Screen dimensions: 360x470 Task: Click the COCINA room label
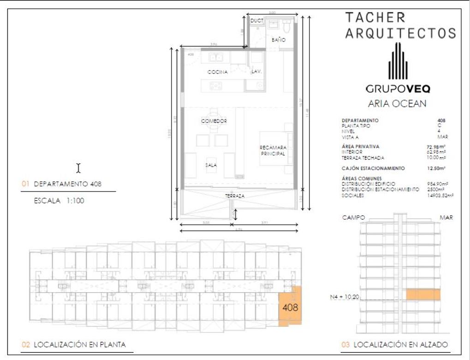[x=217, y=72]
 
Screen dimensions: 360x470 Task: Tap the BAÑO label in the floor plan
[x=278, y=40]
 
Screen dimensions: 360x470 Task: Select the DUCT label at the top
[x=256, y=21]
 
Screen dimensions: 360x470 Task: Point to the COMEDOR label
[x=214, y=121]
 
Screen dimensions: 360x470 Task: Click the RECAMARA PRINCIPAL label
[x=273, y=150]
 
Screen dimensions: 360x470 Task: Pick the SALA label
[x=212, y=165]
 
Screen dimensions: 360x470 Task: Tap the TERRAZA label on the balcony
[x=235, y=196]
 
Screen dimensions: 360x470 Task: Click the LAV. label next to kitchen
[x=256, y=72]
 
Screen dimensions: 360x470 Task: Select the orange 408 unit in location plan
[x=290, y=307]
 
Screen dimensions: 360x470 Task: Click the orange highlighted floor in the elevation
[x=423, y=294]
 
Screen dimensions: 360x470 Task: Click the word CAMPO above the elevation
[x=354, y=217]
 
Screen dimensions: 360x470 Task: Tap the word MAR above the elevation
[x=446, y=217]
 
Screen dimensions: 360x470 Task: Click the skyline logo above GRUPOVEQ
[x=397, y=61]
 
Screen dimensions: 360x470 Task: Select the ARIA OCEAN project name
[x=397, y=104]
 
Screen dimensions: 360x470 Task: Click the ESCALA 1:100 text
[x=59, y=201]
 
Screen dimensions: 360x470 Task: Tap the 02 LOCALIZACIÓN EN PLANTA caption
[x=74, y=345]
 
